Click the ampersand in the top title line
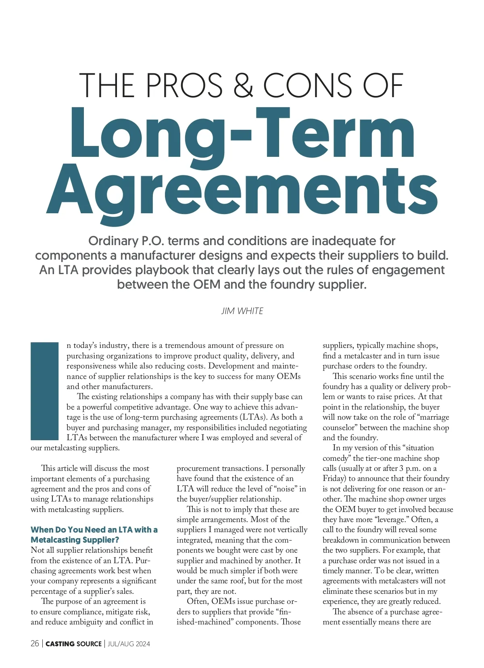pyautogui.click(x=244, y=85)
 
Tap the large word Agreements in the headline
pyautogui.click(x=242, y=189)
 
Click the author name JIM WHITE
pyautogui.click(x=242, y=311)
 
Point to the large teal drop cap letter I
pyautogui.click(x=45, y=391)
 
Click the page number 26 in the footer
pyautogui.click(x=35, y=643)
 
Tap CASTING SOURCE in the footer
pyautogui.click(x=73, y=644)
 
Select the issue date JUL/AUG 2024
pyautogui.click(x=129, y=644)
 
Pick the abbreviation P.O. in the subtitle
pyautogui.click(x=152, y=241)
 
